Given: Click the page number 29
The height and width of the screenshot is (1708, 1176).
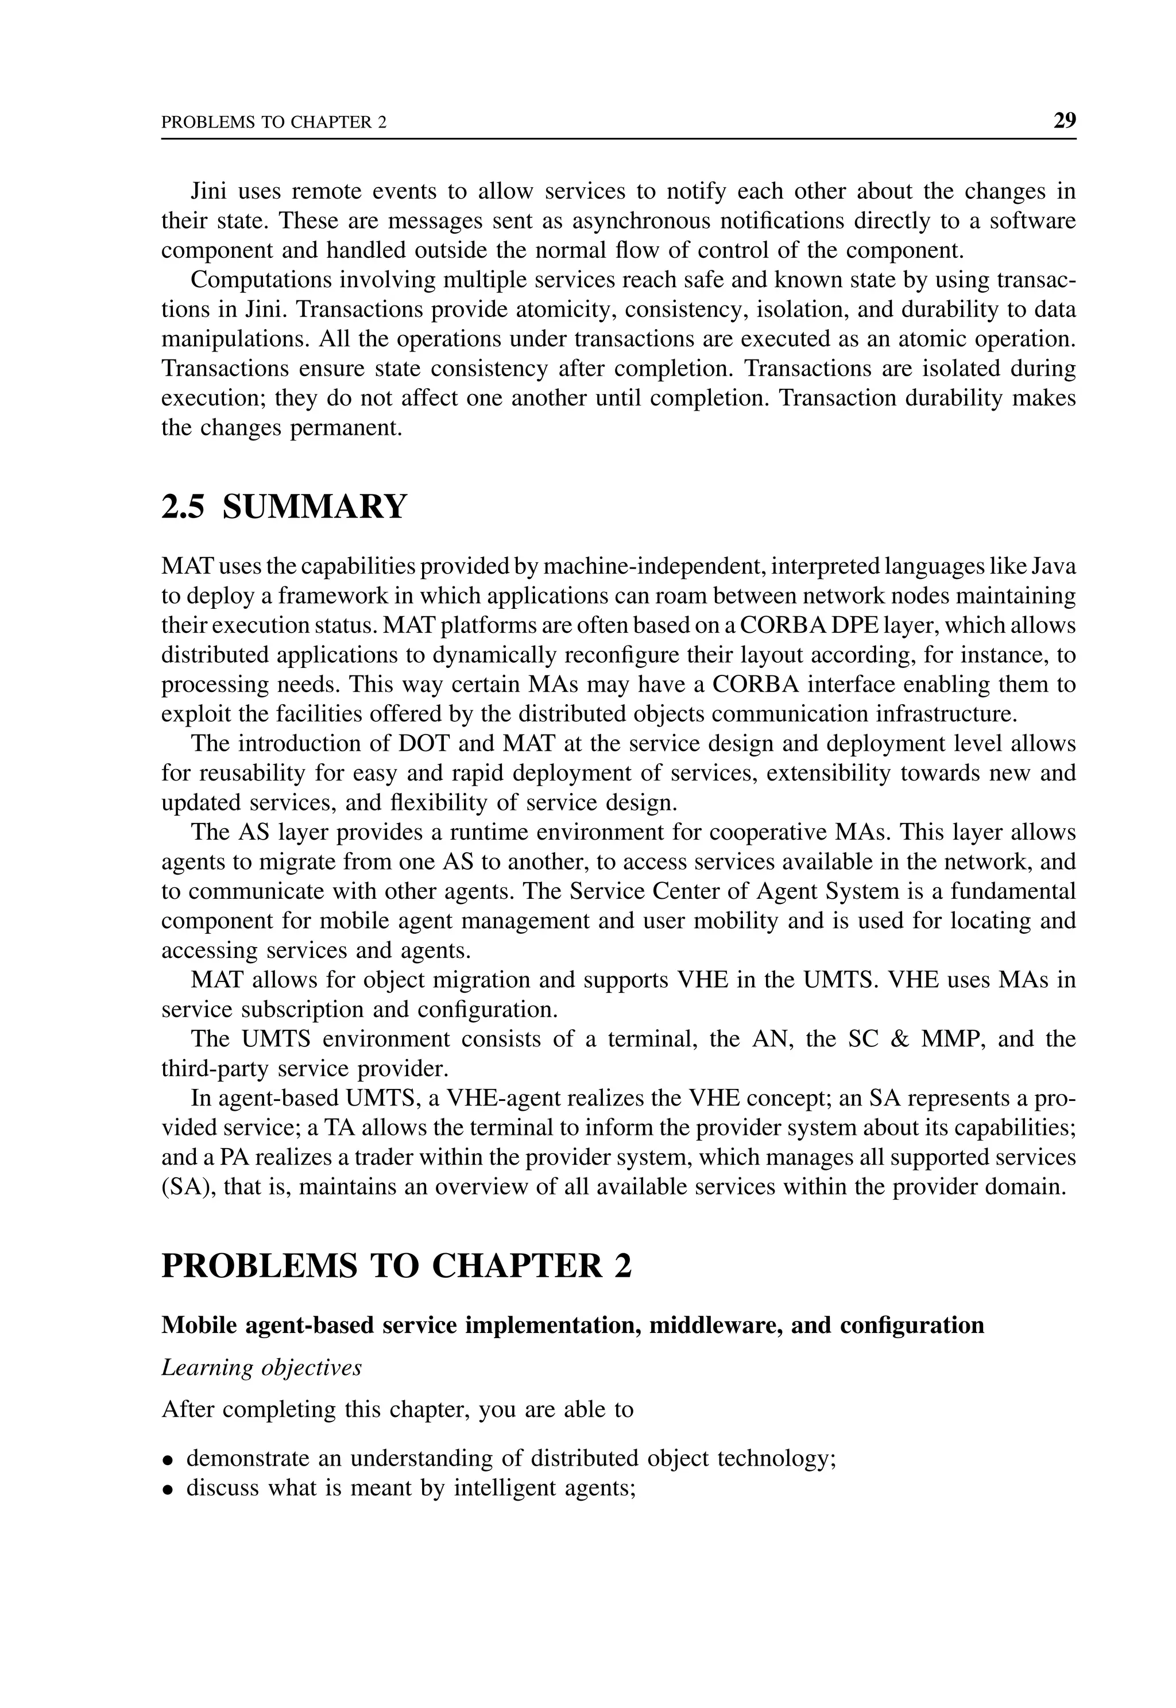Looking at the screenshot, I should point(1064,120).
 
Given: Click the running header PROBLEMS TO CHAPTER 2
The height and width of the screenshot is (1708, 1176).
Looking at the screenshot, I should point(273,122).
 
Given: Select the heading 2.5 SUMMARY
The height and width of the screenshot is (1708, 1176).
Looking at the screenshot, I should point(284,507).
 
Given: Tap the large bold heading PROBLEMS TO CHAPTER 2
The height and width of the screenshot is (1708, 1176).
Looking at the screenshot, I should point(396,1266).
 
